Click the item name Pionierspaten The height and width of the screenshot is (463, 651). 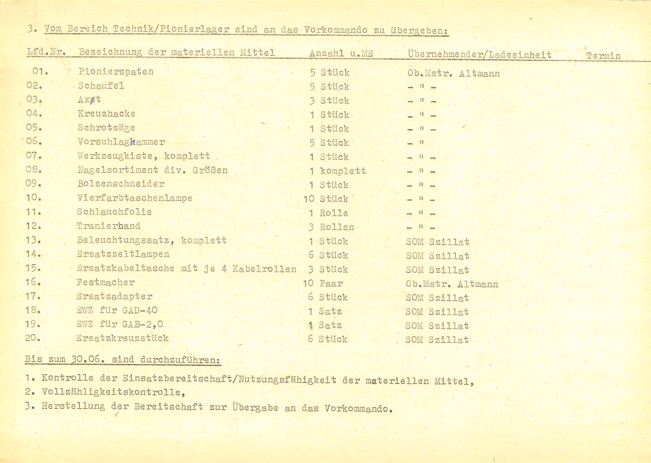(x=116, y=72)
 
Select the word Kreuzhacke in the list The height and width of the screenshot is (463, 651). (x=106, y=113)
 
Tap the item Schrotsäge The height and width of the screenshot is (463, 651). (x=106, y=128)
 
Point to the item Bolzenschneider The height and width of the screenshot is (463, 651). (x=121, y=184)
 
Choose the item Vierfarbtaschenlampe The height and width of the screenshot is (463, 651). (x=134, y=198)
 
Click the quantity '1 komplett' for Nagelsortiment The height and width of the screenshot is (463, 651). (x=337, y=171)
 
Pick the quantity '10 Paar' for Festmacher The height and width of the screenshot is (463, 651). (x=323, y=283)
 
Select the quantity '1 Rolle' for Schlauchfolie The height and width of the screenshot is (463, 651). (x=328, y=213)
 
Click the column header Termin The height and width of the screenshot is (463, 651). (x=603, y=55)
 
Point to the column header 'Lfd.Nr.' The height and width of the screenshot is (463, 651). (x=47, y=53)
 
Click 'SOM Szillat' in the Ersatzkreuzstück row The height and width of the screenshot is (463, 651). (x=437, y=339)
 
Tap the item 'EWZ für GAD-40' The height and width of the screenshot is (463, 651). (x=116, y=310)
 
